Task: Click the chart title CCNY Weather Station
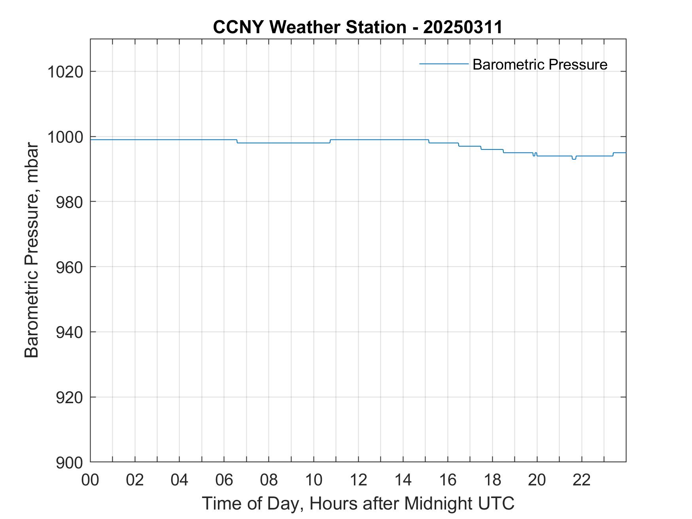(x=309, y=27)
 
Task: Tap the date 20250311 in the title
(x=463, y=27)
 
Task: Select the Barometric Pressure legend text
(x=540, y=64)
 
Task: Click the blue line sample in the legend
(x=444, y=64)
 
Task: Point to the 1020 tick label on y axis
(x=65, y=72)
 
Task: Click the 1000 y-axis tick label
(x=65, y=138)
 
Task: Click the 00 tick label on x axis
(x=90, y=480)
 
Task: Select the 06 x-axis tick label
(x=224, y=480)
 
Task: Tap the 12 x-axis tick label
(x=358, y=480)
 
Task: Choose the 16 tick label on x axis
(x=448, y=480)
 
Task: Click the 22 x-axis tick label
(x=582, y=480)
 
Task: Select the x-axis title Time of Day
(x=358, y=504)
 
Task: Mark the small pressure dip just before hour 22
(x=574, y=159)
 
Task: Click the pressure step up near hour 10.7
(x=330, y=141)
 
